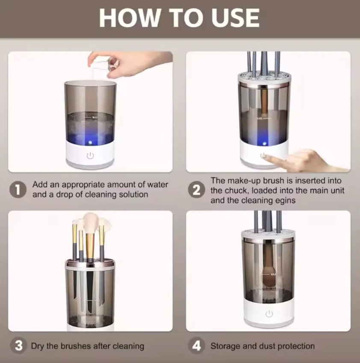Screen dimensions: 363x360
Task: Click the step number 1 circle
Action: (18, 190)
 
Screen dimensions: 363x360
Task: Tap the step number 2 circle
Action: (196, 190)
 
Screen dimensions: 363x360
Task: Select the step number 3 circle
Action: (18, 345)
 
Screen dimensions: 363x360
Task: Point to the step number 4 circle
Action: (196, 345)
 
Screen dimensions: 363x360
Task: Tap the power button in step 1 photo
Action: (90, 155)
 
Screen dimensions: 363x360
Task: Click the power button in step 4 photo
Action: (269, 314)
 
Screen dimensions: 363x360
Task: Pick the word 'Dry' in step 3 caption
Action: (38, 346)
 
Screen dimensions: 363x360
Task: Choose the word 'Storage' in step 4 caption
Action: (225, 346)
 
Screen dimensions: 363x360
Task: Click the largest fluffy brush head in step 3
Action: (91, 223)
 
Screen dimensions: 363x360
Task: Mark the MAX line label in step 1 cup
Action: (95, 117)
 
